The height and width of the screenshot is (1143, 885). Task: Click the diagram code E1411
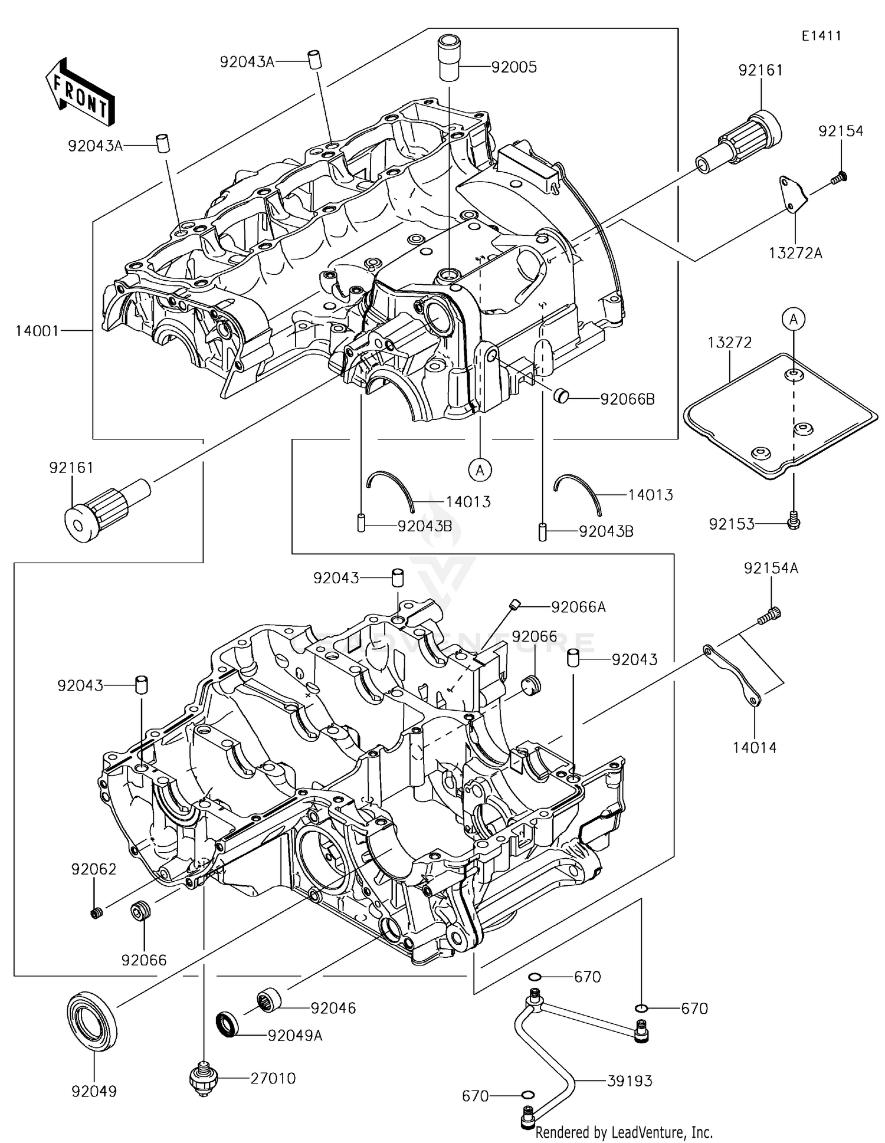pos(821,36)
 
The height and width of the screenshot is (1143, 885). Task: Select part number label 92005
pos(514,67)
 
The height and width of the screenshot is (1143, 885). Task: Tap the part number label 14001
pos(37,331)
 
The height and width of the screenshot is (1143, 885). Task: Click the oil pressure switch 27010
pos(204,1079)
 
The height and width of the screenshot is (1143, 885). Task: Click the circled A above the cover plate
pos(794,319)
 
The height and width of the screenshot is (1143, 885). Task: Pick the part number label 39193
pos(630,1081)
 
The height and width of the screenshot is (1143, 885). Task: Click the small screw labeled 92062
pos(96,914)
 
